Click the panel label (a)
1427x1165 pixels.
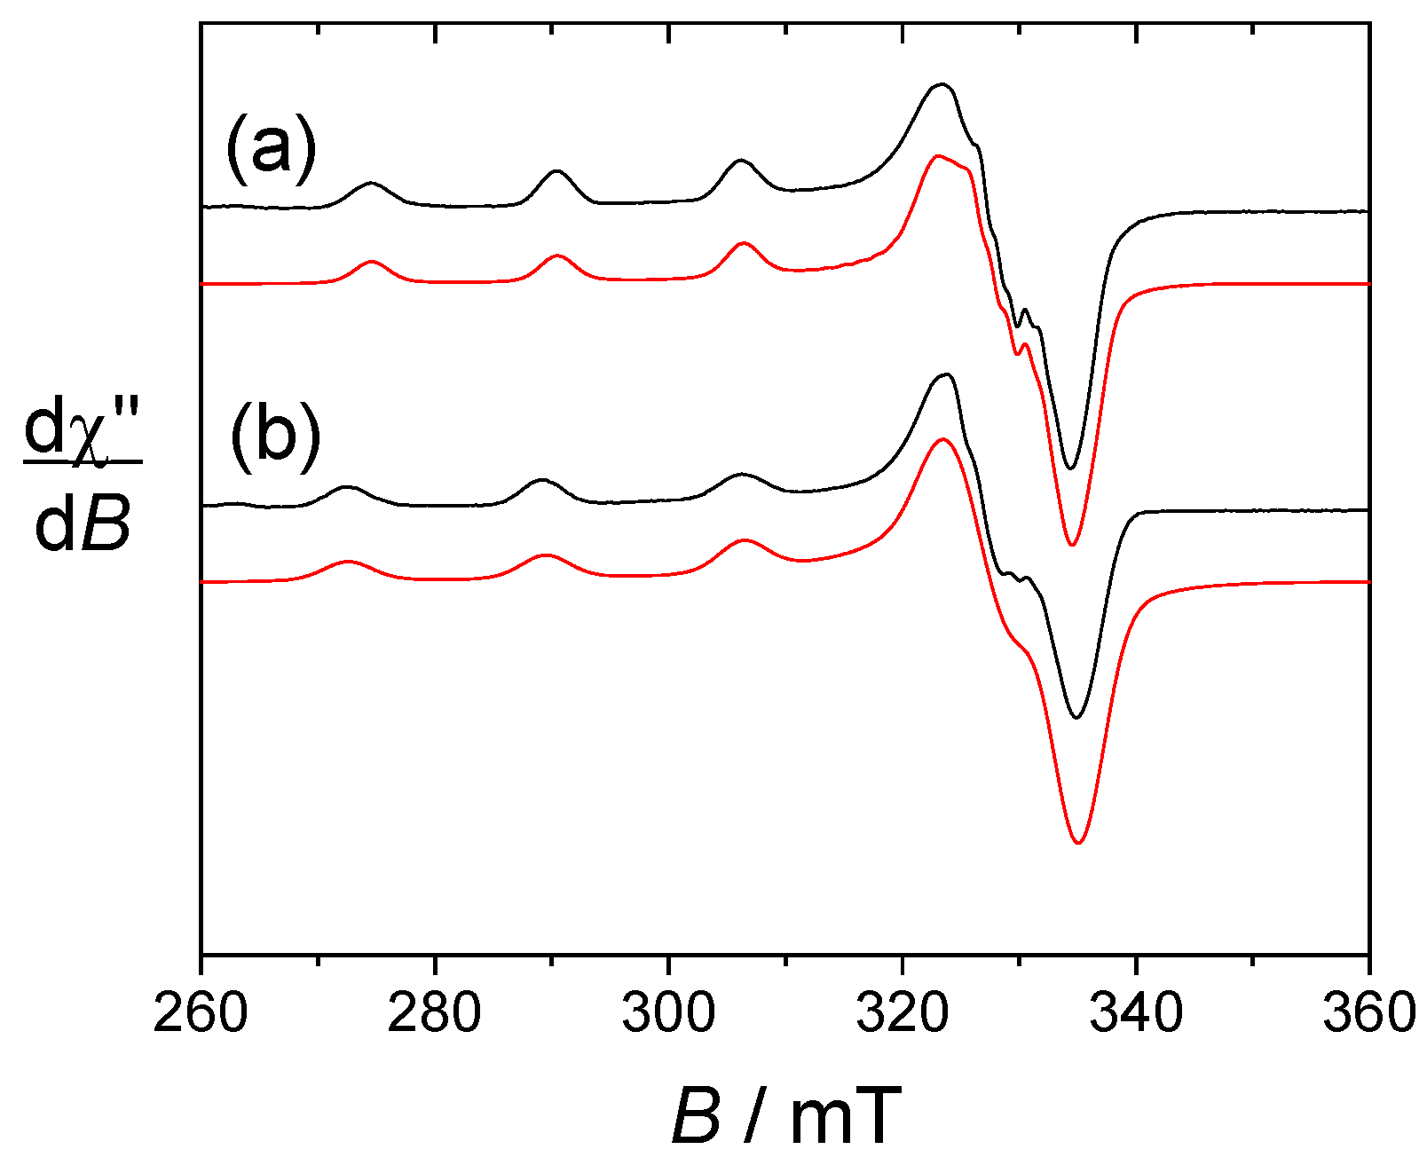pyautogui.click(x=271, y=149)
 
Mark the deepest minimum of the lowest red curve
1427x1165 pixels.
pyautogui.click(x=1078, y=842)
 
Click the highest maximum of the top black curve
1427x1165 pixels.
pyautogui.click(x=942, y=84)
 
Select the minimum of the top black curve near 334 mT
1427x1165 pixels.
pyautogui.click(x=1070, y=468)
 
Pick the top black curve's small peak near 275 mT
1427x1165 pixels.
pyautogui.click(x=371, y=184)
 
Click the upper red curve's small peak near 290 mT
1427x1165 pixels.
pyautogui.click(x=557, y=256)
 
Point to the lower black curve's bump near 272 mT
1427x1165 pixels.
pyautogui.click(x=347, y=487)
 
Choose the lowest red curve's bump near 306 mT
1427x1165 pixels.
pyautogui.click(x=744, y=539)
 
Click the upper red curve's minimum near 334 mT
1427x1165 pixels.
pyautogui.click(x=1072, y=544)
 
